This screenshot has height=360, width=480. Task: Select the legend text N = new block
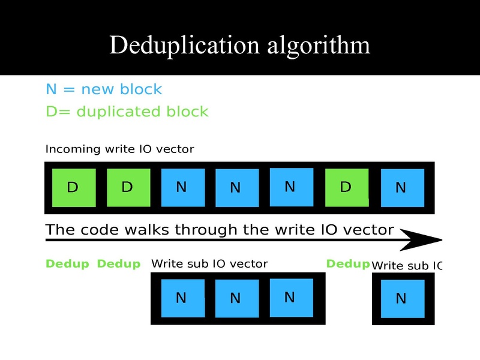tap(104, 89)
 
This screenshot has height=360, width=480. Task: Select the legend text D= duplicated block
tap(127, 112)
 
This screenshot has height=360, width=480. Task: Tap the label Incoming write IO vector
tap(119, 149)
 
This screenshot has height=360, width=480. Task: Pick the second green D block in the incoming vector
tap(128, 187)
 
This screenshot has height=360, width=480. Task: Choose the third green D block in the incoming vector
tap(346, 187)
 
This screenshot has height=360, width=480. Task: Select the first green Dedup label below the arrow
tap(67, 264)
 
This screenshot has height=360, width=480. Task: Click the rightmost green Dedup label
tap(347, 264)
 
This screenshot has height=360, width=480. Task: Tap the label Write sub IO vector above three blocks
tap(209, 263)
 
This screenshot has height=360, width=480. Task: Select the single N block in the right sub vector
tap(402, 298)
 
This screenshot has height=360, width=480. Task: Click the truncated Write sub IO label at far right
tap(407, 265)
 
